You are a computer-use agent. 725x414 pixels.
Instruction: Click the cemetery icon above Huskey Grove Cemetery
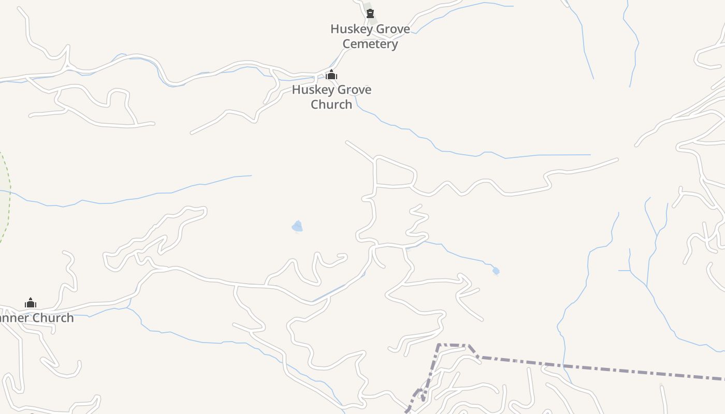point(370,13)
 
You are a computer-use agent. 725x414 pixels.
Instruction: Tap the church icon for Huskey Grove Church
point(331,75)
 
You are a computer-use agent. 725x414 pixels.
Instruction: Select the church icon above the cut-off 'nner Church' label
point(31,303)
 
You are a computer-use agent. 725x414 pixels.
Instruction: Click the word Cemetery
point(370,44)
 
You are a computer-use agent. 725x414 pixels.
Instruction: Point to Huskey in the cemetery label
point(351,29)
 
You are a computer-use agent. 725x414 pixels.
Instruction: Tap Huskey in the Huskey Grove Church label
point(312,90)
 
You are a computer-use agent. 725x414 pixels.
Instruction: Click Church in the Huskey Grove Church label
point(331,105)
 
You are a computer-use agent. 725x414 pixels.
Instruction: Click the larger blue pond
point(297,226)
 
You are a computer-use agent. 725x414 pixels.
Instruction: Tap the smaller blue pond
point(496,271)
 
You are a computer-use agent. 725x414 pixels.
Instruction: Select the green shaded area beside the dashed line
point(4,197)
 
